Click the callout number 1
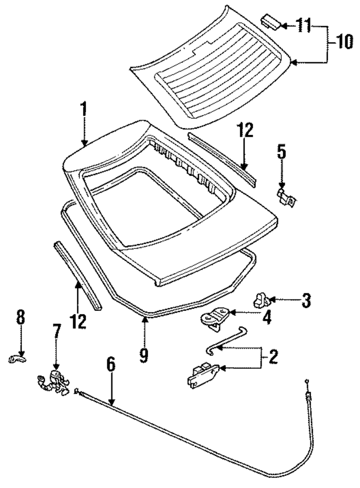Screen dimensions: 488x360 point(83,109)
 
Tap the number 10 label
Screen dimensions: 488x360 point(344,42)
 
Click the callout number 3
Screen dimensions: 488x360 point(305,300)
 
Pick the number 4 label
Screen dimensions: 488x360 point(266,318)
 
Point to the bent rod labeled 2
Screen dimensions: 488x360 point(225,341)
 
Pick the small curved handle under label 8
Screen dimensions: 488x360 point(18,358)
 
